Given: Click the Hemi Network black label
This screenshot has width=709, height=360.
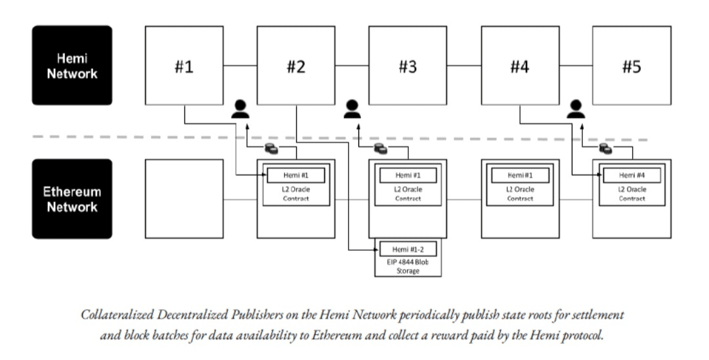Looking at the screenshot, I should point(72,65).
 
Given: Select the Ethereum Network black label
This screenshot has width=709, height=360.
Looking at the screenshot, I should point(72,198).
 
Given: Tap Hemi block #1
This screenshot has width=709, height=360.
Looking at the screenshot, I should point(184,65).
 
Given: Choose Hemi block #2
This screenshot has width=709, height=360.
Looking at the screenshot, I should point(295,65).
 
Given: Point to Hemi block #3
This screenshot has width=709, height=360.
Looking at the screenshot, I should point(408,65).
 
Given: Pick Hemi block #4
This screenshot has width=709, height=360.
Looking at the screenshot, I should point(520,65).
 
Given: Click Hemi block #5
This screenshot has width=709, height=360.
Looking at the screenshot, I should point(632,65).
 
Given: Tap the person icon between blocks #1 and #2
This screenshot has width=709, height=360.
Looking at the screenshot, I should point(240,109).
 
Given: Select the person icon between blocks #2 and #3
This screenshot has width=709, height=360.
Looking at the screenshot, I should point(353,109).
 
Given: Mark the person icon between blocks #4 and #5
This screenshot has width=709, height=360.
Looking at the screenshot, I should point(576,109).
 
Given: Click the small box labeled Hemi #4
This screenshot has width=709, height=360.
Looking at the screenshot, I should point(632,175).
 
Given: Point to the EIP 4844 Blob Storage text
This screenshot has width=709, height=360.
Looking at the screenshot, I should point(408,266).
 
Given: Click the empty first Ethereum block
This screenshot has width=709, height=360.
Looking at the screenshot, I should point(184,198).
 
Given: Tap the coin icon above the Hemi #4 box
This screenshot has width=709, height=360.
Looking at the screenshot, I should point(605,149).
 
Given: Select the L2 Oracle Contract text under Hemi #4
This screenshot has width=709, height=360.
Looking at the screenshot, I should point(632,194).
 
